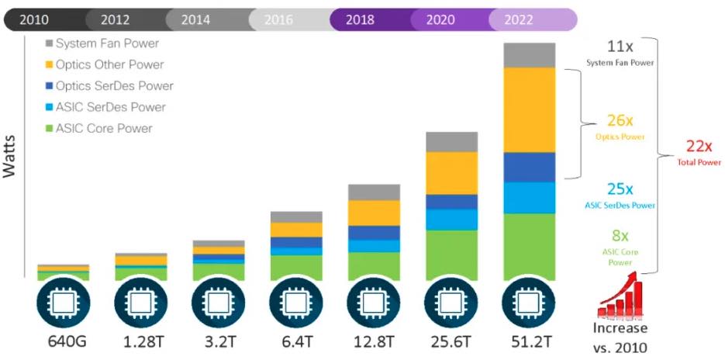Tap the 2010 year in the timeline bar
(x=33, y=19)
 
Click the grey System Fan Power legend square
(x=50, y=44)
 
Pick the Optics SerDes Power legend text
(x=114, y=86)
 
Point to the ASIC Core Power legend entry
(x=104, y=128)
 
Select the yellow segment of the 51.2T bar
(x=529, y=109)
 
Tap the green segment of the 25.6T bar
(x=451, y=254)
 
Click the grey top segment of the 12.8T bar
(x=374, y=192)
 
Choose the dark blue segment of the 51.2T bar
(x=529, y=167)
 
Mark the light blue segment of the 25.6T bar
(x=451, y=220)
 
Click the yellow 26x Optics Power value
(x=620, y=121)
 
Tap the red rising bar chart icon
(x=620, y=296)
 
